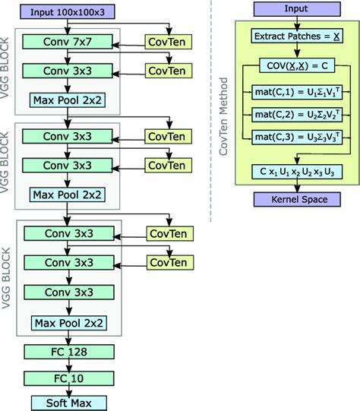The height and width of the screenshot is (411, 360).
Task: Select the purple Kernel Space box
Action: pos(292,199)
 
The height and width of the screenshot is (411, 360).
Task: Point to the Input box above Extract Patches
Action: pos(292,8)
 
